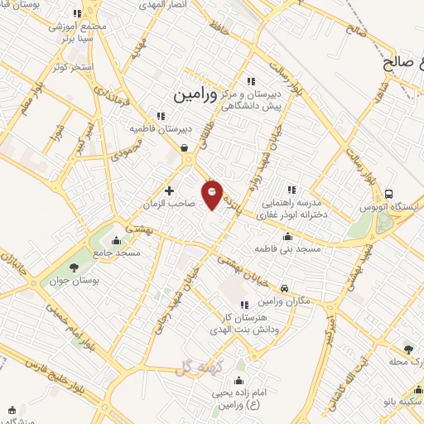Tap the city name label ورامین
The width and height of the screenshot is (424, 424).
(x=195, y=95)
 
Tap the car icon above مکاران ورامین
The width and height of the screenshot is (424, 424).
(x=285, y=288)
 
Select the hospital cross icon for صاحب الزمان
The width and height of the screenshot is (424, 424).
(x=170, y=190)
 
